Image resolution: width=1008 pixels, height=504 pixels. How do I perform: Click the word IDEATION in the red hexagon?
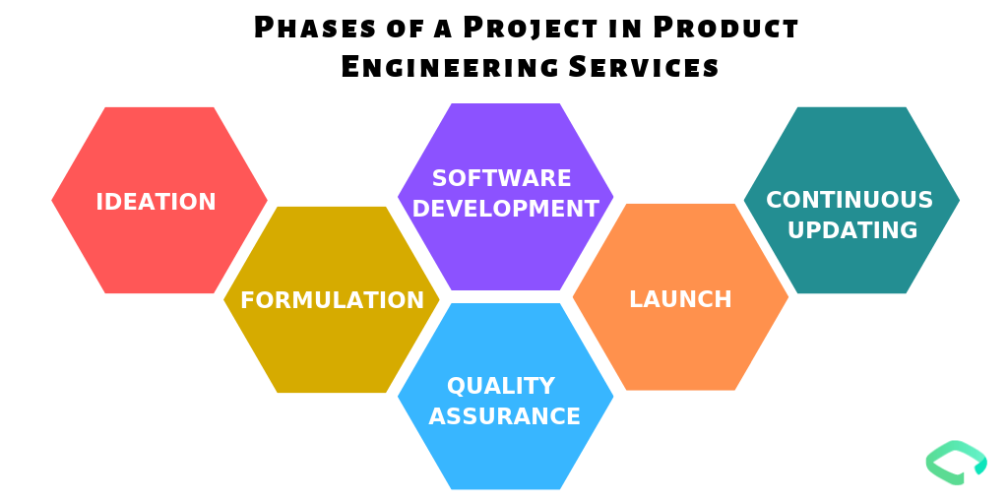click(x=156, y=202)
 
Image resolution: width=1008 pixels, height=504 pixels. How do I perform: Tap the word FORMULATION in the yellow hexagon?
click(x=332, y=300)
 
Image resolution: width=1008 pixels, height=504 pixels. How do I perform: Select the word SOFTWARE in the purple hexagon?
click(x=502, y=178)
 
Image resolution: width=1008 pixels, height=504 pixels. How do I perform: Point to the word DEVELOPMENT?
click(x=505, y=209)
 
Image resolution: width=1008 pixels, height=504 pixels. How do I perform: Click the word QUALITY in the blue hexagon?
click(x=501, y=385)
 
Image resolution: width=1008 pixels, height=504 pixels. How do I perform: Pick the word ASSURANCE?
click(x=505, y=416)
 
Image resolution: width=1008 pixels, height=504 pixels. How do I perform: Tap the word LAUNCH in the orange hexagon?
click(x=680, y=299)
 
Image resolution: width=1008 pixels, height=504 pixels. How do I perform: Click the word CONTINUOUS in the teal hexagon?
click(x=850, y=200)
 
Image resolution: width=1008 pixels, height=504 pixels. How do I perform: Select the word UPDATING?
click(x=852, y=230)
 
